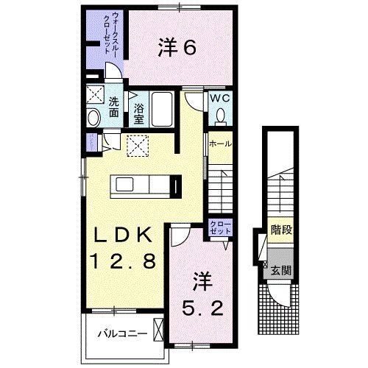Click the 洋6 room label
pyautogui.click(x=177, y=48)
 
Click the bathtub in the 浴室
pyautogui.click(x=161, y=110)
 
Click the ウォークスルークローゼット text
pyautogui.click(x=111, y=35)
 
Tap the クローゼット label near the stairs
pyautogui.click(x=219, y=227)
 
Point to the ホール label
pyautogui.click(x=221, y=144)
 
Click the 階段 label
pyautogui.click(x=282, y=230)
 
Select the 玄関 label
pyautogui.click(x=282, y=270)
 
